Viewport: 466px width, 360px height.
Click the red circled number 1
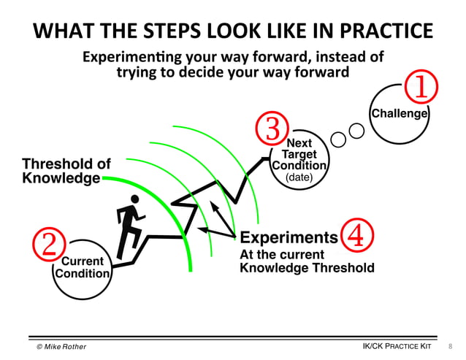pyautogui.click(x=421, y=88)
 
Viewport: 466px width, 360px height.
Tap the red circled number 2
pyautogui.click(x=48, y=244)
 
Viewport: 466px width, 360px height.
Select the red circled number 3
pyautogui.click(x=272, y=129)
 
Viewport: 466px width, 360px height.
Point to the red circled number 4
pyautogui.click(x=358, y=235)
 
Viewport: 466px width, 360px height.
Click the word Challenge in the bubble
pyautogui.click(x=400, y=113)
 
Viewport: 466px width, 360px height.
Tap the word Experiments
pyautogui.click(x=289, y=237)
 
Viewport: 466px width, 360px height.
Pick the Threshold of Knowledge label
pyautogui.click(x=66, y=171)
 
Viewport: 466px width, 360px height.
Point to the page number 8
pyautogui.click(x=450, y=345)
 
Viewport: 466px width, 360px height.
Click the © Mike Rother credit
pyautogui.click(x=61, y=346)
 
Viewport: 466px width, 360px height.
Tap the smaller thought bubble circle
pyautogui.click(x=339, y=138)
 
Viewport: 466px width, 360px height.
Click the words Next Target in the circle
pyautogui.click(x=299, y=149)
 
